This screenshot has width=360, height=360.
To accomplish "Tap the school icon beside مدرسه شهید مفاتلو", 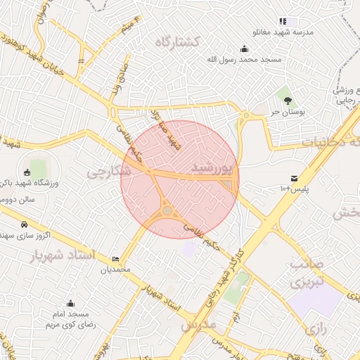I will coord(283,22).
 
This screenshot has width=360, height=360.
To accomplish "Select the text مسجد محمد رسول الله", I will coord(243,60).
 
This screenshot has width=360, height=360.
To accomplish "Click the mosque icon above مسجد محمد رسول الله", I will coord(244,49).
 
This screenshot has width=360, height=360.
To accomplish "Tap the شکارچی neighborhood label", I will coord(109,170).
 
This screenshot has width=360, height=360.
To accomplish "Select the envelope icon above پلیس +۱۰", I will coord(293,177).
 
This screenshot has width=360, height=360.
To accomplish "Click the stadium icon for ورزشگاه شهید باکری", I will coord(28,172).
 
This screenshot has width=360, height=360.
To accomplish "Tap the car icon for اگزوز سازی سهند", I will coord(25,224).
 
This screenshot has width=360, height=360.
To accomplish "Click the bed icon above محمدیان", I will coord(115,259).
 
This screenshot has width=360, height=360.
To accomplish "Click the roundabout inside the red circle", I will coord(167,210).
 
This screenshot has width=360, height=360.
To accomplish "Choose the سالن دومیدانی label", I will coord(23,199).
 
